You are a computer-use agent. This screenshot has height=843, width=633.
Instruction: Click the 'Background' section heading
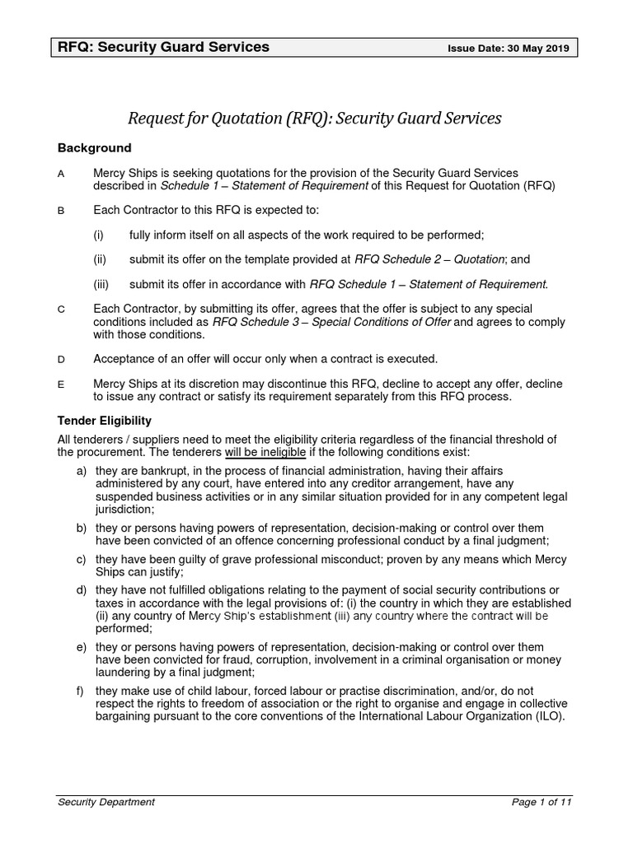94,148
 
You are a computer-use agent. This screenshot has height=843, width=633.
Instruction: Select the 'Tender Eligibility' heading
104,421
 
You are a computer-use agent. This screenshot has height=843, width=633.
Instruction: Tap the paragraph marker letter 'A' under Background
61,174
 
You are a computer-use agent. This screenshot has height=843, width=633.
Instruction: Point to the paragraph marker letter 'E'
61,384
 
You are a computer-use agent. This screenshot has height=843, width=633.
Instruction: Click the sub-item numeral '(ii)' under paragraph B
99,259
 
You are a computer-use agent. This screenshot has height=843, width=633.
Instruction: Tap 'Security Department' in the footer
105,802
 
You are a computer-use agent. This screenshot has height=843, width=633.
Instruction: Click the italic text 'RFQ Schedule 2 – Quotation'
429,259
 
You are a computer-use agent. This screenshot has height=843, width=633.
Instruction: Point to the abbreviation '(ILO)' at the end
546,716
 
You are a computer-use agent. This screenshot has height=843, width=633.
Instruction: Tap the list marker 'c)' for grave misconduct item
81,560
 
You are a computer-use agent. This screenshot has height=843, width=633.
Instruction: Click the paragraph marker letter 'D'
61,359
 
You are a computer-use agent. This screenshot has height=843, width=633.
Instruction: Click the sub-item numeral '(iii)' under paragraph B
101,284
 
